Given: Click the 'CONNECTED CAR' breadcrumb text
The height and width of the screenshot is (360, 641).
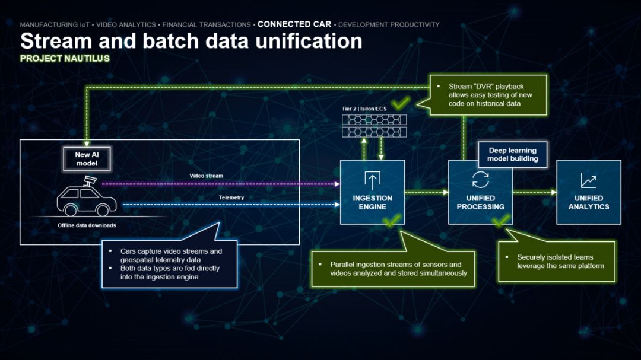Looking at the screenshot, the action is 294,24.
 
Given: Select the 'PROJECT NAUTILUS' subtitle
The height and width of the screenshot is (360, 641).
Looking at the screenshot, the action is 65,59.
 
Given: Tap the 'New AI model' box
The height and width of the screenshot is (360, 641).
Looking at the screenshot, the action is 87,159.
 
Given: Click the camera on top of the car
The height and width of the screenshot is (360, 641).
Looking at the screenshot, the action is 90,180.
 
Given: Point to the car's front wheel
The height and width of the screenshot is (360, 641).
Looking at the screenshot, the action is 103,211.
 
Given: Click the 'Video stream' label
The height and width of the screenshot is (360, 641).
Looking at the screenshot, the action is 207,176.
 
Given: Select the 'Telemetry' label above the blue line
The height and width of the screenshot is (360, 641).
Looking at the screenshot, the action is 231,197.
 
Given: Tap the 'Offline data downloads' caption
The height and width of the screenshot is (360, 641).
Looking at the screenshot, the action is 87,225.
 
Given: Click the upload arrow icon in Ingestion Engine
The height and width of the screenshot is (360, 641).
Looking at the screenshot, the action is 372,180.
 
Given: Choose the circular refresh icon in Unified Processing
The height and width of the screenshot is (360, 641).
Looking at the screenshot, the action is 480,179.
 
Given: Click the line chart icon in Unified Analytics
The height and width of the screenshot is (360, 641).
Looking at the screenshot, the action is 588,180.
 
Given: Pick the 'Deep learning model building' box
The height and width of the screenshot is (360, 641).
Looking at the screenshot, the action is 513,154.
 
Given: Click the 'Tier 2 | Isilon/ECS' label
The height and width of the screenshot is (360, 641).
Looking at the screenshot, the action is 364,109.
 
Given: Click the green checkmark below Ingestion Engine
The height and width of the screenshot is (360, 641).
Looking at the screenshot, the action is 392,220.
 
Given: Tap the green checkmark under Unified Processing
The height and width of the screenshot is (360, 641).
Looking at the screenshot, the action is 501,221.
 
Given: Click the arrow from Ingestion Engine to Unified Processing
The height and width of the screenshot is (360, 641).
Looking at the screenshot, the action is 427,192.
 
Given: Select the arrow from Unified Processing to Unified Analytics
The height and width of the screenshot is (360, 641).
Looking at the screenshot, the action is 535,192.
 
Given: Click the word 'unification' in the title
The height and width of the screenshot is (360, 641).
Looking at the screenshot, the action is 309,41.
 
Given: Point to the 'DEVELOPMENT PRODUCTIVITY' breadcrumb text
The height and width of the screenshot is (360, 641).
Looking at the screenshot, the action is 389,24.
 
